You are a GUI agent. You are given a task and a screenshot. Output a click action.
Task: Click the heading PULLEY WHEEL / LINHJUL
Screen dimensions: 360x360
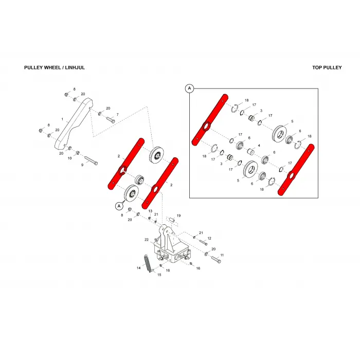tap(55, 67)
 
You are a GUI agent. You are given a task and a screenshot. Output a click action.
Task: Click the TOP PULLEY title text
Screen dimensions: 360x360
tap(327, 67)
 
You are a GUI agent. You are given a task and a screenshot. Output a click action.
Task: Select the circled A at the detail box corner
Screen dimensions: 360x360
tap(189, 88)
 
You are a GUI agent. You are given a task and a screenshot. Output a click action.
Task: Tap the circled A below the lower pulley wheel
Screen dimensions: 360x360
tap(119, 206)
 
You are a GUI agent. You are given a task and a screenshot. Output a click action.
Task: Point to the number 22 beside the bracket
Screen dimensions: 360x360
tap(147, 240)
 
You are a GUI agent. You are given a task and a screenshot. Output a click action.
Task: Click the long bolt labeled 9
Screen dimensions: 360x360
tap(91, 160)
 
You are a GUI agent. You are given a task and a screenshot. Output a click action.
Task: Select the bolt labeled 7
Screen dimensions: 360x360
tap(111, 120)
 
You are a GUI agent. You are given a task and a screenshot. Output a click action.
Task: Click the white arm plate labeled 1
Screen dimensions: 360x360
tap(74, 123)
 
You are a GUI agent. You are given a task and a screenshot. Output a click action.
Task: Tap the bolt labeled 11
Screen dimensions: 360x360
tap(216, 259)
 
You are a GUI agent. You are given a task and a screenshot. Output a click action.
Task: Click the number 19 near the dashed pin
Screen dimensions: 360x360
tap(178, 215)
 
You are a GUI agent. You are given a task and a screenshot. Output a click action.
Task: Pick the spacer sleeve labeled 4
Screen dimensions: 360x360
tap(251, 152)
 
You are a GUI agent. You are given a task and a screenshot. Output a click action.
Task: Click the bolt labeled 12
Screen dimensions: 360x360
tap(204, 242)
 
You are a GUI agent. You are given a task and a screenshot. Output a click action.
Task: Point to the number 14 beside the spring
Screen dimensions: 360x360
tap(138, 268)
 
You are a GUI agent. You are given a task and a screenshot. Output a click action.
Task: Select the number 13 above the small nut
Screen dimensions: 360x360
tap(150, 211)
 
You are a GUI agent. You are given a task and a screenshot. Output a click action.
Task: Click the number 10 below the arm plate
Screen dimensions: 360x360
tap(69, 158)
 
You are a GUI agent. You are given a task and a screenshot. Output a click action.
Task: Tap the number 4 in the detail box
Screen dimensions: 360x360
tap(259, 146)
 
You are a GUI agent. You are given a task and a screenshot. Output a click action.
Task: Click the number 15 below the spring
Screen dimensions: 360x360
tap(159, 275)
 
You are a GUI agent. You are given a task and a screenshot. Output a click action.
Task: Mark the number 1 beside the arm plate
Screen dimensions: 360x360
tap(62, 119)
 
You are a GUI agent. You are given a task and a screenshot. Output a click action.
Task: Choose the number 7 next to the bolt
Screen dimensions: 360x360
tap(118, 114)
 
